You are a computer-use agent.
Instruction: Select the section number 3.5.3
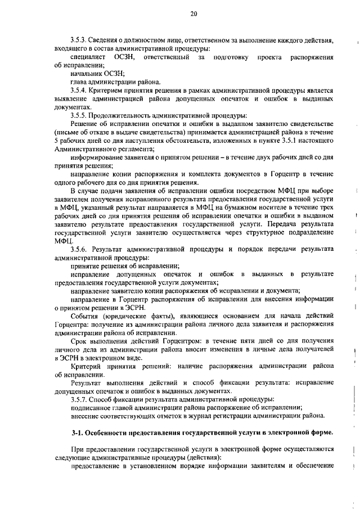coord(80,42)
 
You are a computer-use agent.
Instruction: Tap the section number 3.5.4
coord(80,91)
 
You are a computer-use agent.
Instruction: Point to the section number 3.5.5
coord(80,115)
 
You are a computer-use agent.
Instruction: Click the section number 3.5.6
coord(80,249)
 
